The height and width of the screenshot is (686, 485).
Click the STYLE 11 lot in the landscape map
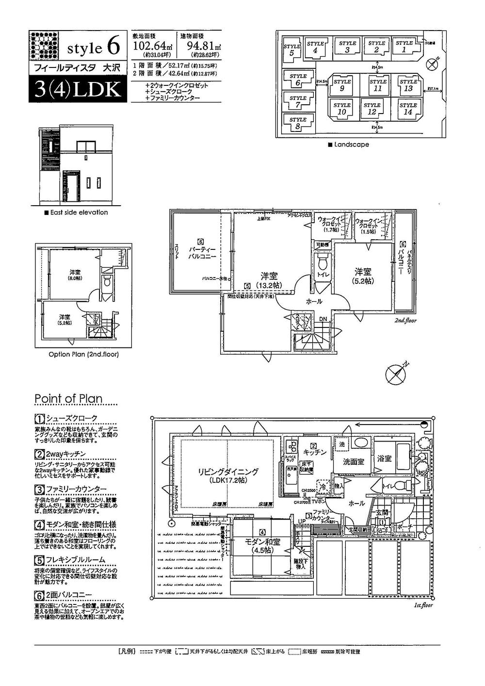tap(377, 85)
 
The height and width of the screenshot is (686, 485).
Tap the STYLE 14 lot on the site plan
tap(408, 109)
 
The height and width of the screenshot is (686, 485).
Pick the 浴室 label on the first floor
tap(385, 458)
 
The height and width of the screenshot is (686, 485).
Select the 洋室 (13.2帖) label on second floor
tap(268, 280)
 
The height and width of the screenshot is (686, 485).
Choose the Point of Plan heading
tap(68, 399)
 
